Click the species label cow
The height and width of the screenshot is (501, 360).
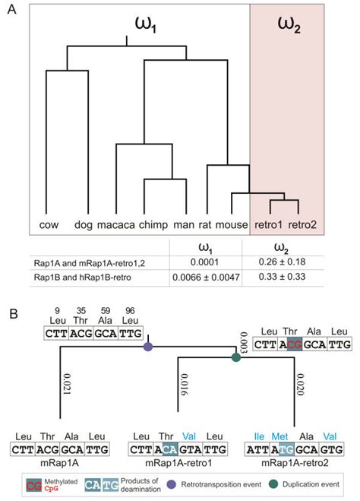coord(49,225)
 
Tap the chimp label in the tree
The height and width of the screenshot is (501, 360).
coord(154,225)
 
